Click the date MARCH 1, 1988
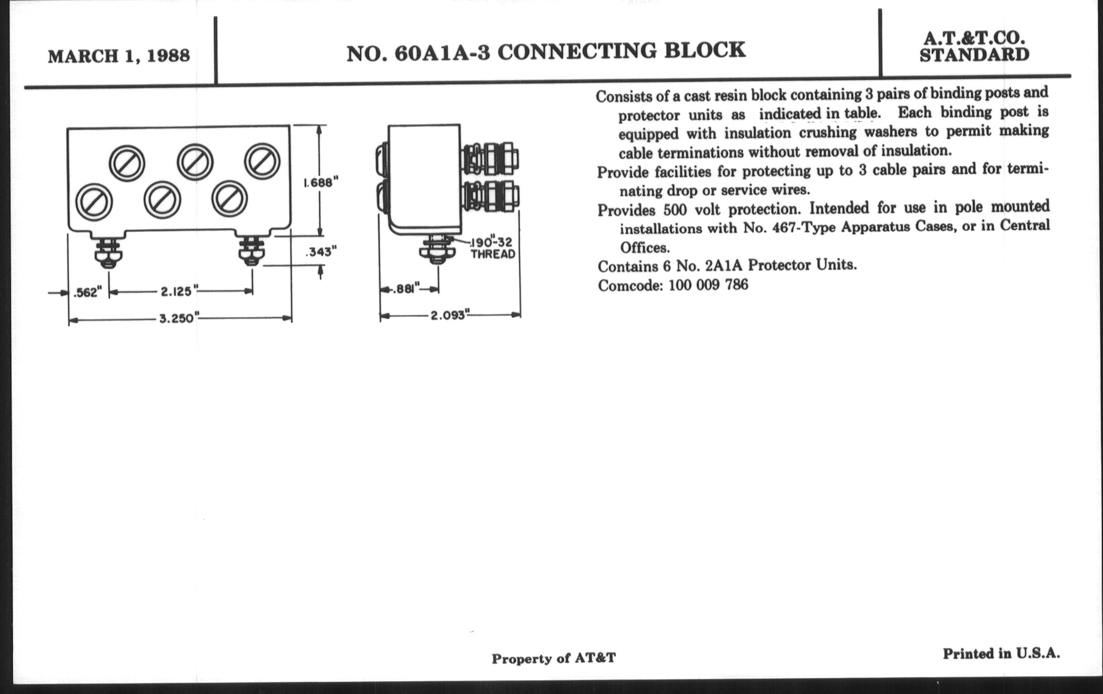point(119,56)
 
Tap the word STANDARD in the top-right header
point(974,55)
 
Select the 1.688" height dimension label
point(321,183)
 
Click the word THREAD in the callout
point(493,254)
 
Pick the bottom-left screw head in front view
point(93,202)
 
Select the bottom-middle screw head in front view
point(162,200)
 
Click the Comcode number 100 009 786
point(708,285)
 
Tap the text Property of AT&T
point(554,658)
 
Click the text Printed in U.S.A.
point(1001,654)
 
